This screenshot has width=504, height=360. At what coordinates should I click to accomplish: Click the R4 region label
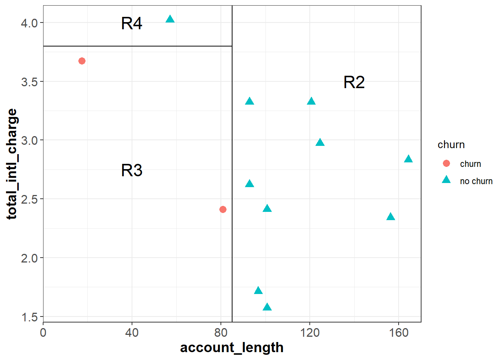[132, 24]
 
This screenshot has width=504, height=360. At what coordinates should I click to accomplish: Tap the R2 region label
[354, 82]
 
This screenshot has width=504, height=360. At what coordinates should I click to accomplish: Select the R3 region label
[132, 171]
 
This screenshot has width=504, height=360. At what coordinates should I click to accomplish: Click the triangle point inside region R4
[170, 19]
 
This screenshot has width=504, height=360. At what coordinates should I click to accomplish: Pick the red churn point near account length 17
[82, 61]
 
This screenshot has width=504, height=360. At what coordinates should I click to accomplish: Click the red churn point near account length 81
[223, 209]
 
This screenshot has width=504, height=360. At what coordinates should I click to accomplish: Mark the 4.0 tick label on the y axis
[29, 23]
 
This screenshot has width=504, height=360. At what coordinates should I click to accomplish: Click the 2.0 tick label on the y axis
[29, 258]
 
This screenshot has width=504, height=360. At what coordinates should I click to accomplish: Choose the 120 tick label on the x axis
[310, 333]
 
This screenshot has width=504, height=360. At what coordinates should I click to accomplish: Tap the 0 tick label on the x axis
[43, 333]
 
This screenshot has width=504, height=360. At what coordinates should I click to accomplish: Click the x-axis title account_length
[232, 348]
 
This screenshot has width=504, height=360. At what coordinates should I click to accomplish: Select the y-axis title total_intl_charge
[12, 164]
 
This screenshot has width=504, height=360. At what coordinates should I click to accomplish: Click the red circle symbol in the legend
[446, 163]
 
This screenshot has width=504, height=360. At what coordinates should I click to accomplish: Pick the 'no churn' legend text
[476, 181]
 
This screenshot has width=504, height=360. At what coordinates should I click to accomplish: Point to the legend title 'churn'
[451, 145]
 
